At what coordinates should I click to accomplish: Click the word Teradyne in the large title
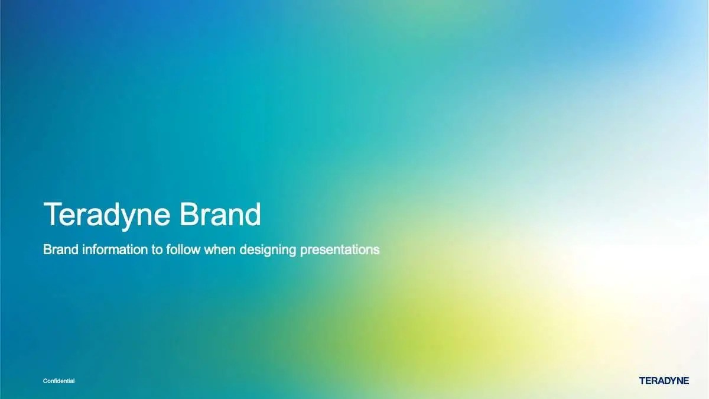pyautogui.click(x=107, y=215)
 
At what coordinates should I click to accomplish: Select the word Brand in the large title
pyautogui.click(x=220, y=214)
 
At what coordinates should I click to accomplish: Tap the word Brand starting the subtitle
pyautogui.click(x=61, y=249)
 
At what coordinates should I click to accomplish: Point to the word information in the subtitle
pyautogui.click(x=115, y=249)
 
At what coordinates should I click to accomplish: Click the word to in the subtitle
pyautogui.click(x=157, y=250)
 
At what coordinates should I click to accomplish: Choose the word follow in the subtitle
pyautogui.click(x=183, y=249)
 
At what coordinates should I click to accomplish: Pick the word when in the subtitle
pyautogui.click(x=220, y=249)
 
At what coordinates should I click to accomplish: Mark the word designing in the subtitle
pyautogui.click(x=268, y=251)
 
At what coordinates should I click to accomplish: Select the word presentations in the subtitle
pyautogui.click(x=340, y=251)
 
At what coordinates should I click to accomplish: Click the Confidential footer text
pyautogui.click(x=59, y=381)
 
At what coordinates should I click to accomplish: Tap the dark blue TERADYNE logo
pyautogui.click(x=664, y=381)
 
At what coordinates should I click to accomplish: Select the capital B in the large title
pyautogui.click(x=189, y=215)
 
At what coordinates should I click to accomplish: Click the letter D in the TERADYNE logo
pyautogui.click(x=663, y=381)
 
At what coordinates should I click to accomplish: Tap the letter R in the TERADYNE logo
pyautogui.click(x=649, y=381)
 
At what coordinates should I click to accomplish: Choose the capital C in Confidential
pyautogui.click(x=45, y=381)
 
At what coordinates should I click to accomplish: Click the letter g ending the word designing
pyautogui.click(x=293, y=252)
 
